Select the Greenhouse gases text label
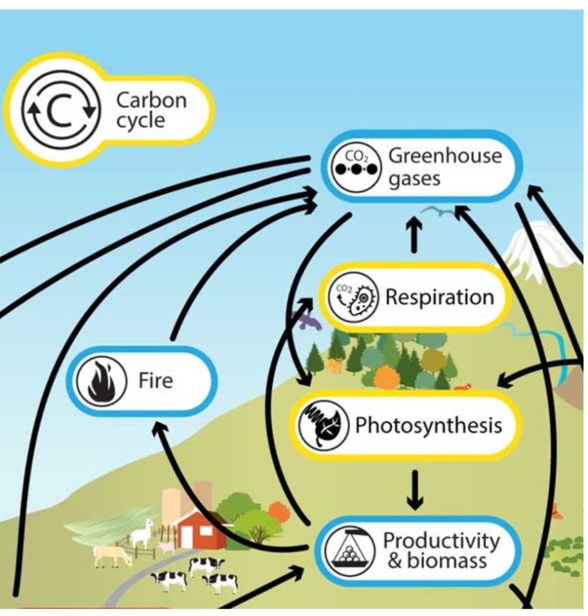[445, 167]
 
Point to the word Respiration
[440, 297]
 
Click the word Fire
[155, 380]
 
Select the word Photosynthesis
[429, 426]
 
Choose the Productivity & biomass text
[441, 550]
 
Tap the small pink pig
[166, 545]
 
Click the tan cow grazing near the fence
[112, 556]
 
